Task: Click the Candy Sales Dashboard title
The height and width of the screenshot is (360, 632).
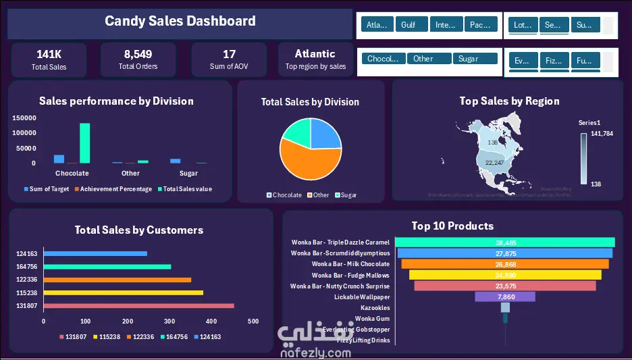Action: pos(180,21)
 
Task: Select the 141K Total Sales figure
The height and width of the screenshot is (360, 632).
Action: pos(49,54)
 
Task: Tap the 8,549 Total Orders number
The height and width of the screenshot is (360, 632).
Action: pos(138,54)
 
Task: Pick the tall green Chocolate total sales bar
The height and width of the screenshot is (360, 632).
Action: pos(84,143)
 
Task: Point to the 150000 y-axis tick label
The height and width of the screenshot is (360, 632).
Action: pos(24,118)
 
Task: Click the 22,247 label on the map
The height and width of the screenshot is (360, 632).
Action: pos(495,163)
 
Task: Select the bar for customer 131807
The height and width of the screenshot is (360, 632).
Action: pos(138,305)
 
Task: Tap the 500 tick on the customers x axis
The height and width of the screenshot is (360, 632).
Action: pos(253,322)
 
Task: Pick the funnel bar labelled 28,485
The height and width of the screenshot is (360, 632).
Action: pos(505,242)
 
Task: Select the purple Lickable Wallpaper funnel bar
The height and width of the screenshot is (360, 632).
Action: pos(505,297)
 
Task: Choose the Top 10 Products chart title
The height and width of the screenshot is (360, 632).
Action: pos(452,226)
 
